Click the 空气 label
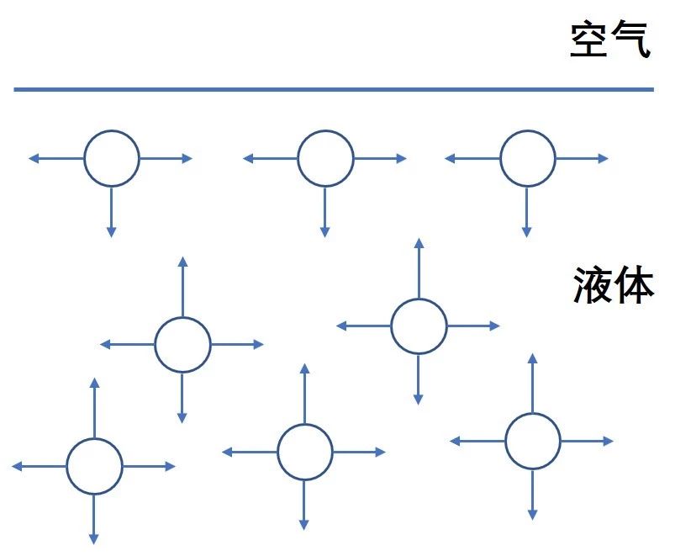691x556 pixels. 610,40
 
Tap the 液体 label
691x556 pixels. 614,285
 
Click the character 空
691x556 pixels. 590,40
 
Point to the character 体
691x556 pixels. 635,285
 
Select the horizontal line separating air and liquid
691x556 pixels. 334,89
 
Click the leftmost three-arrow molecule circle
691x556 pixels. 111,158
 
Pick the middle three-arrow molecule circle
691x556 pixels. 325,158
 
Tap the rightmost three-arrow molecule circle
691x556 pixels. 528,158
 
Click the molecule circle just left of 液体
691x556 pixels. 419,326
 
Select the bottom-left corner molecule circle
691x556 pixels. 94,466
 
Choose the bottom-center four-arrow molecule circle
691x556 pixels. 304,452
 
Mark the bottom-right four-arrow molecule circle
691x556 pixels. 532,441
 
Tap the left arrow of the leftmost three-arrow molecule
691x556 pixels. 55,158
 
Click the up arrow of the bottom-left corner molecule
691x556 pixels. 94,408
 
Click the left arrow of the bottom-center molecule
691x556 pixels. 249,452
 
